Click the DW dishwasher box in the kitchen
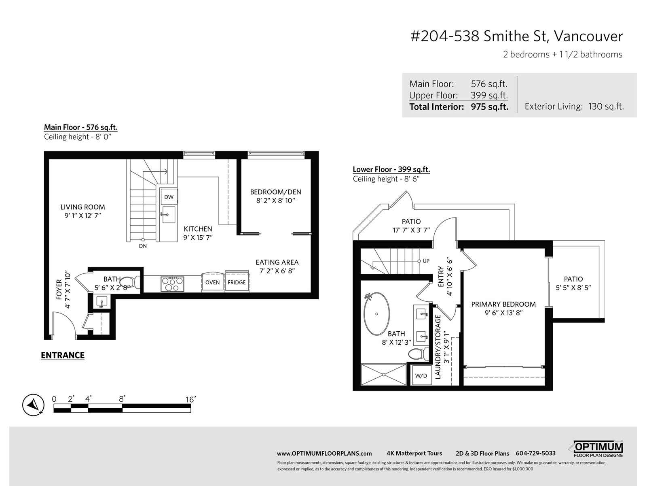pos(169,197)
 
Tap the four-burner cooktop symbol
pos(172,284)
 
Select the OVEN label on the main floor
pos(212,282)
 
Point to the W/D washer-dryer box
pos(421,375)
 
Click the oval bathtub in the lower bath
pos(376,313)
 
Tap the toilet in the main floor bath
pos(129,282)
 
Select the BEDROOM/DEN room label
pos(276,192)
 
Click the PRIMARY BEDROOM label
pos(503,304)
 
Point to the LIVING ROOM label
pos(82,207)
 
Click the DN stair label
pos(143,246)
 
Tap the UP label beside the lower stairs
pos(426,261)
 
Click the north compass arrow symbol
pos(33,405)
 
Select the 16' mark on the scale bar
pos(190,399)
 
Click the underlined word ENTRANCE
pos(63,355)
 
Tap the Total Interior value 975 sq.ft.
pos(489,107)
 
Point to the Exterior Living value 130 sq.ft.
pos(606,107)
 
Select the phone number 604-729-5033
pos(535,453)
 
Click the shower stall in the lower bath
pos(383,375)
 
